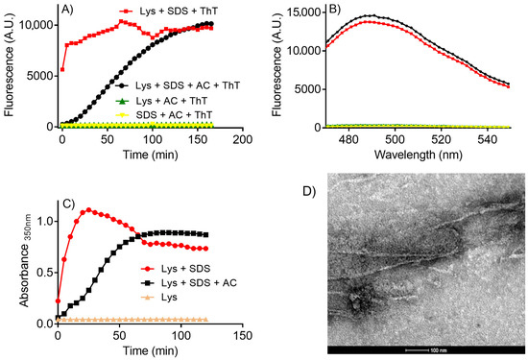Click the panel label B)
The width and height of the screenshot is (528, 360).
tap(332, 12)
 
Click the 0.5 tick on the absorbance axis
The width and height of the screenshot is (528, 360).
tap(43, 272)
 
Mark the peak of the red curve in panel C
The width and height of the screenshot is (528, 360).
tap(88, 209)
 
